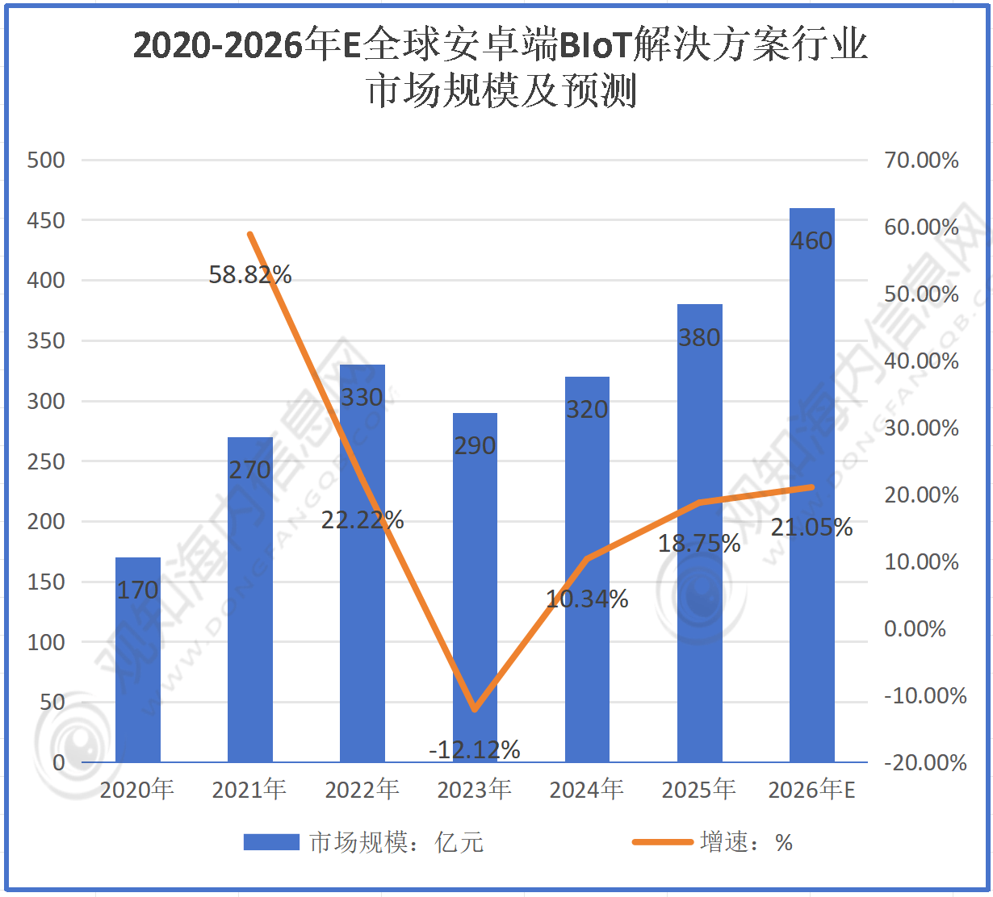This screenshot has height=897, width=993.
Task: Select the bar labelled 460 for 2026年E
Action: [x=811, y=484]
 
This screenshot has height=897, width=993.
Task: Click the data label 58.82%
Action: [x=250, y=275]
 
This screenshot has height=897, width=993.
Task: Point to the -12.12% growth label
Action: [x=475, y=750]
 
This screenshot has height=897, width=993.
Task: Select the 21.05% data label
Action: [x=811, y=528]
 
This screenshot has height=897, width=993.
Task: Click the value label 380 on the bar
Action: [x=699, y=337]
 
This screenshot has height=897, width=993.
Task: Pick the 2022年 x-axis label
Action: [x=362, y=789]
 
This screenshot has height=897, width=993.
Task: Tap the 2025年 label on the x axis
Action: [x=699, y=789]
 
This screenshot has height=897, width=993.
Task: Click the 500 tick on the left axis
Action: [x=46, y=160]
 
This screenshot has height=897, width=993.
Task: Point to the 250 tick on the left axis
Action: [x=46, y=461]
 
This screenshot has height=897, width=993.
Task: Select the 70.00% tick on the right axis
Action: [x=921, y=160]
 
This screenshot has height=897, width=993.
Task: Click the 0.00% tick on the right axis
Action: [x=915, y=628]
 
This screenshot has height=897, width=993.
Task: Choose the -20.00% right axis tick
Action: [x=924, y=762]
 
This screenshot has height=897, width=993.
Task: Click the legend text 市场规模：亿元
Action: [x=396, y=843]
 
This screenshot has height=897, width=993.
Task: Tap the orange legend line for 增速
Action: [x=662, y=842]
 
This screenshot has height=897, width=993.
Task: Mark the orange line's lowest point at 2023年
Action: [x=475, y=709]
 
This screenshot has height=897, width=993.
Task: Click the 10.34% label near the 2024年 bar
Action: [x=587, y=599]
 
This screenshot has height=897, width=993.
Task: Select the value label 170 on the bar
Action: [x=138, y=590]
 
